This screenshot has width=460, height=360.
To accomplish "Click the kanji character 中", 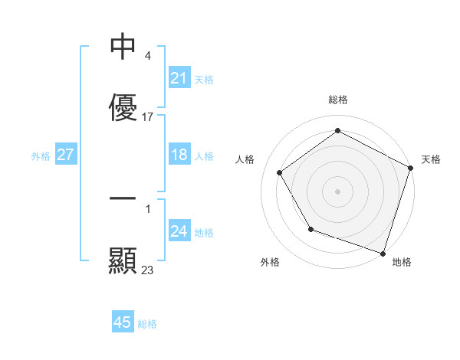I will [123, 47].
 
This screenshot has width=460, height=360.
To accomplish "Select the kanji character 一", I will [123, 199].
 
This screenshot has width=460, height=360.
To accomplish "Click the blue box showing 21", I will [179, 78].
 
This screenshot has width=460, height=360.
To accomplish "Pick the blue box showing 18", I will [179, 155].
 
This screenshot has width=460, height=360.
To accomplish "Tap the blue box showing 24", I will [179, 232].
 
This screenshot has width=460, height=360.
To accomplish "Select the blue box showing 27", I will [66, 155].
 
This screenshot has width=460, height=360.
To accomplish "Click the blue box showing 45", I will [123, 323].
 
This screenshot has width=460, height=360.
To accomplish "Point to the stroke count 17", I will [148, 117].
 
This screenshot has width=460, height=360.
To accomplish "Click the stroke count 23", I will [148, 270].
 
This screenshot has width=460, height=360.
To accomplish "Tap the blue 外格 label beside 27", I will [41, 156].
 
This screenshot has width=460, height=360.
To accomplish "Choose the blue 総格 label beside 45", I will [147, 324].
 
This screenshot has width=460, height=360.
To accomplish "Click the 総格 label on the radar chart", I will [337, 100].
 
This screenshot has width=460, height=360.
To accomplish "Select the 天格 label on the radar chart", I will [431, 159].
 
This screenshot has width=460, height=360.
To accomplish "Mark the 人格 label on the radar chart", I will [245, 159].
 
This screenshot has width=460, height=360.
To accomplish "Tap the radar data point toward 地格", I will [383, 253].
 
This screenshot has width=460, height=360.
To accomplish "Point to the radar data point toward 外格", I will [310, 229].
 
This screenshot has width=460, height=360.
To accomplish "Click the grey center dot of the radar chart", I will [337, 191].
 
